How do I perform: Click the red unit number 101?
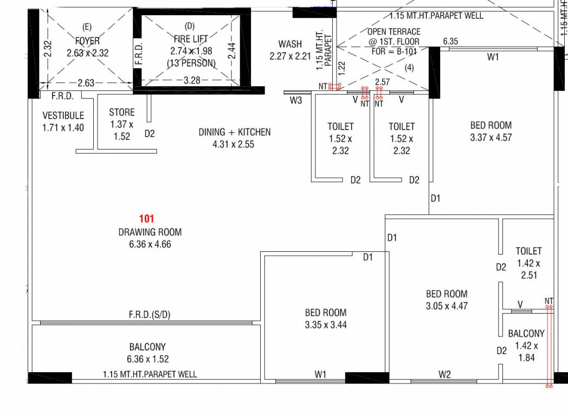[x=147, y=219]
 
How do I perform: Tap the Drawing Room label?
[x=150, y=232]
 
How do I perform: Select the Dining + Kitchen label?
[x=234, y=132]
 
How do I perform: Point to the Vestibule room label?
[x=63, y=115]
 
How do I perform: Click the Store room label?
[x=122, y=112]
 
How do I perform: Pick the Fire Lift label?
[x=191, y=39]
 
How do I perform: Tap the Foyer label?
[x=87, y=41]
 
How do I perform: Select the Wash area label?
[x=290, y=44]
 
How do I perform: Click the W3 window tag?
[x=295, y=100]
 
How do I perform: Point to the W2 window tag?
[x=444, y=374]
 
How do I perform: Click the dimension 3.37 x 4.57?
[x=491, y=138]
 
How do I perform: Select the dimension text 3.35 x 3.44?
[x=326, y=325]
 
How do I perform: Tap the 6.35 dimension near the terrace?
[x=450, y=41]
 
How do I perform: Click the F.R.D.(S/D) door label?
[x=150, y=315]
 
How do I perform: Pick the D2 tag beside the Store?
[x=150, y=134]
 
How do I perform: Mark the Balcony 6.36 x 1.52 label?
[x=147, y=353]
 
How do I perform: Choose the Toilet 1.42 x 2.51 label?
[x=528, y=263]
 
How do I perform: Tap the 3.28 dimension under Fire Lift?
[x=192, y=80]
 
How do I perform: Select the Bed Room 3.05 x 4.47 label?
[x=447, y=300]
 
